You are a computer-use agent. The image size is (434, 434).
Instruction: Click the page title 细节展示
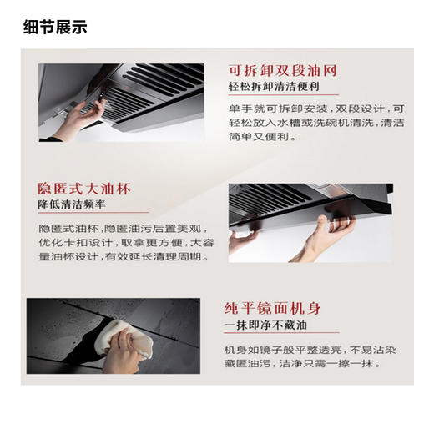(x=55, y=27)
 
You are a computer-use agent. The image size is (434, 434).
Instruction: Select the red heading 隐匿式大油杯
(x=84, y=188)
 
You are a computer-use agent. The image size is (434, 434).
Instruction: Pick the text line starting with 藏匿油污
(x=304, y=364)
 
